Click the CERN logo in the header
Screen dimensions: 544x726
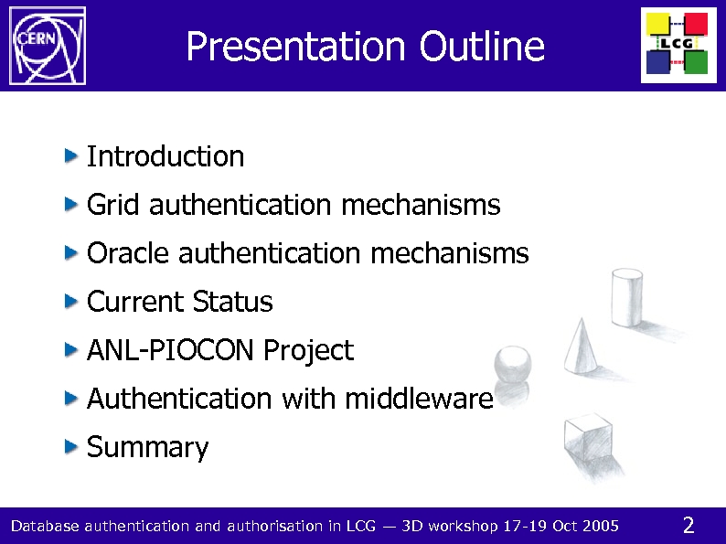pos(47,45)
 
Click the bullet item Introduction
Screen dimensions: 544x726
pos(165,157)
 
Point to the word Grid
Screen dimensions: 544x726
pos(113,205)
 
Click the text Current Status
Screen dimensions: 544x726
pos(179,302)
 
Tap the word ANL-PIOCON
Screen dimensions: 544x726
pos(170,350)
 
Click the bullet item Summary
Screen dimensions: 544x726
pos(147,448)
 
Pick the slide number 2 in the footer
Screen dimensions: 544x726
pos(689,525)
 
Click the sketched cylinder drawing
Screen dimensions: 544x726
pos(627,297)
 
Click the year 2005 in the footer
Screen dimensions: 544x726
pos(602,526)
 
